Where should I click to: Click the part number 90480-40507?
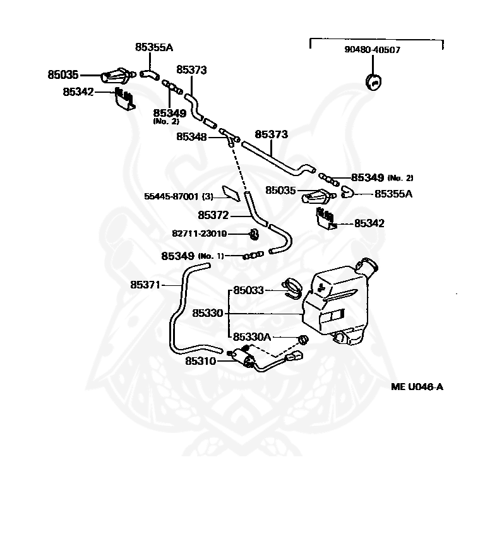pyautogui.click(x=373, y=50)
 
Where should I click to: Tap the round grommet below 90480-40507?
pyautogui.click(x=373, y=81)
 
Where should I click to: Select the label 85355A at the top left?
pyautogui.click(x=153, y=47)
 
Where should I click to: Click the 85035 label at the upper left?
pyautogui.click(x=63, y=74)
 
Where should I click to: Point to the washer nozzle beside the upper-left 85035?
pyautogui.click(x=117, y=75)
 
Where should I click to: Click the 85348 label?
pyautogui.click(x=191, y=136)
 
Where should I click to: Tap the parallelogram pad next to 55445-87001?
pyautogui.click(x=231, y=192)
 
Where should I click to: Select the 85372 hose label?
pyautogui.click(x=213, y=215)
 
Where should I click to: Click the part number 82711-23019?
pyautogui.click(x=200, y=234)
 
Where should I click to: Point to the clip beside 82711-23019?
pyautogui.click(x=254, y=234)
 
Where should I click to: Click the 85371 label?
pyautogui.click(x=145, y=285)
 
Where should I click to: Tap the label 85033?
pyautogui.click(x=248, y=290)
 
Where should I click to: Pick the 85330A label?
pyautogui.click(x=252, y=337)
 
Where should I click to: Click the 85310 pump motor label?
pyautogui.click(x=201, y=361)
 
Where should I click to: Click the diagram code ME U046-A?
pyautogui.click(x=417, y=387)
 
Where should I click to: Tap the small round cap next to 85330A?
pyautogui.click(x=302, y=340)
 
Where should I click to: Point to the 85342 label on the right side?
pyautogui.click(x=369, y=223)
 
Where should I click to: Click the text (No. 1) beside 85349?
pyautogui.click(x=211, y=256)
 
